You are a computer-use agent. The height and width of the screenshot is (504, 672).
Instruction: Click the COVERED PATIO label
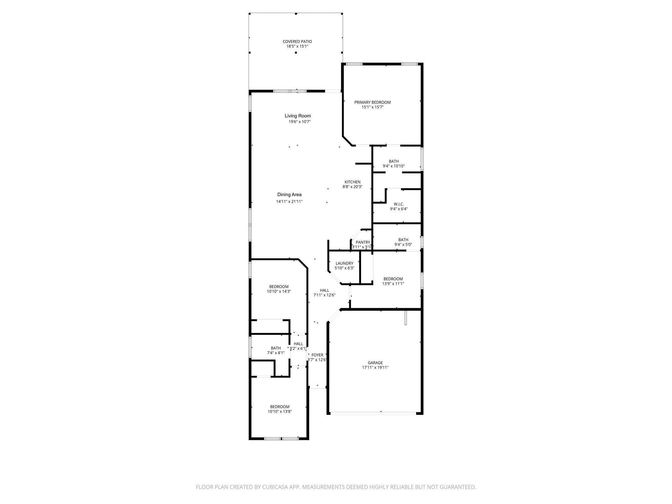click(297, 42)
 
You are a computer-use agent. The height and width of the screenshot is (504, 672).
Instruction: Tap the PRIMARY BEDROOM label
click(372, 102)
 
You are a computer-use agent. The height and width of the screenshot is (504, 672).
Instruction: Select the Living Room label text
click(298, 116)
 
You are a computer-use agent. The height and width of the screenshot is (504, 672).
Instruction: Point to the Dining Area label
click(289, 195)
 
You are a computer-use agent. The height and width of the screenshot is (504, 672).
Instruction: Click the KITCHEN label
click(352, 182)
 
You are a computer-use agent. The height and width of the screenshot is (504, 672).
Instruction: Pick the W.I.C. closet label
click(399, 204)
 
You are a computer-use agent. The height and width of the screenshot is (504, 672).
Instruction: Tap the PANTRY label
click(363, 242)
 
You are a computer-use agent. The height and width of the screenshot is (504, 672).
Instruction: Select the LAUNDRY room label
click(345, 263)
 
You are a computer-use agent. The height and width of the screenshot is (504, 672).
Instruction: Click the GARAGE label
click(375, 363)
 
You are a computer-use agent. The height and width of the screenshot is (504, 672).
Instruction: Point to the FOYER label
click(317, 355)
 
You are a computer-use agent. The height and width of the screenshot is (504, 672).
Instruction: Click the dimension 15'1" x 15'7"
click(372, 107)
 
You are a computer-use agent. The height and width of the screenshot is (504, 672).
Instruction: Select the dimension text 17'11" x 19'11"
click(375, 368)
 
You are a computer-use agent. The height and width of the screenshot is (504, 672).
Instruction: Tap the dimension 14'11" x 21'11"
click(289, 202)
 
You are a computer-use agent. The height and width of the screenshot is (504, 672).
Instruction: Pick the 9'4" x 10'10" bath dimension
click(394, 166)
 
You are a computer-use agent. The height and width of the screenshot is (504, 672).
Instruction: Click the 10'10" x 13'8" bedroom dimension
click(280, 412)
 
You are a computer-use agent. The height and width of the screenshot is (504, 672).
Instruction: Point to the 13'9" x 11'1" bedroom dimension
click(393, 284)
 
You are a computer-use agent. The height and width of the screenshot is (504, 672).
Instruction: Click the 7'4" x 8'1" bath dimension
click(276, 353)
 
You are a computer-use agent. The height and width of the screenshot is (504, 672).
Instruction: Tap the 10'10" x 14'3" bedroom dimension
click(279, 291)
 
